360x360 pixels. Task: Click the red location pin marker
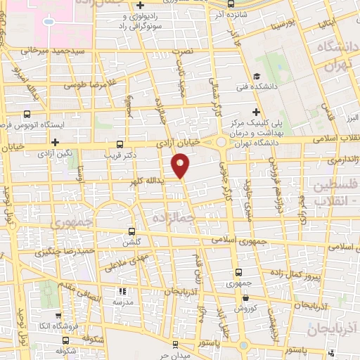[181, 165]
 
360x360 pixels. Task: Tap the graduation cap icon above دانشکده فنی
[257, 77]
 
